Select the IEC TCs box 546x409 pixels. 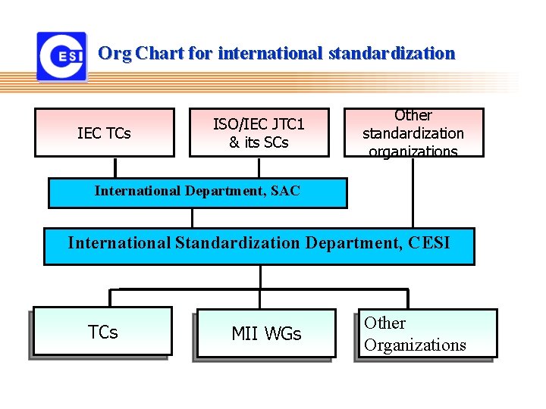coord(105,133)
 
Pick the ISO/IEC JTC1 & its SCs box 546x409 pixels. coord(259,133)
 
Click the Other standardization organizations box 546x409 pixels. coord(413,133)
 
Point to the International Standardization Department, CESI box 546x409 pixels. coord(259,245)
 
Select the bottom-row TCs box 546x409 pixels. coord(103,331)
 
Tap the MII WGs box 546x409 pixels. coord(265,333)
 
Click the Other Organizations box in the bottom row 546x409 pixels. coord(426,333)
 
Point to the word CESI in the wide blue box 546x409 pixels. coord(428,243)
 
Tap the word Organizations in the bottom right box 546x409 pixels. coord(415,345)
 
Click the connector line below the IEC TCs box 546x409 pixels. coord(115,167)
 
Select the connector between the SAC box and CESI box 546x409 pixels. coord(193,218)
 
